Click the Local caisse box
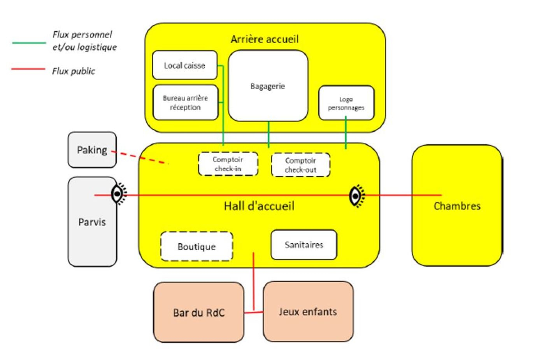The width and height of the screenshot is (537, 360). tap(184, 65)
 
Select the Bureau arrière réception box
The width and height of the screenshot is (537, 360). tap(185, 102)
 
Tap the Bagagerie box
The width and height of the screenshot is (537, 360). tap(268, 86)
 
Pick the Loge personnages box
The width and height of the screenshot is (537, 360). tap(346, 103)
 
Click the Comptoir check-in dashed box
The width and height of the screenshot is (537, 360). tap(228, 164)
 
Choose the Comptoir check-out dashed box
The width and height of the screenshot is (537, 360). tap(300, 165)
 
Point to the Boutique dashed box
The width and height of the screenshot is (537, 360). tap(197, 246)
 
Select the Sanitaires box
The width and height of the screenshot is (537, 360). tap(304, 245)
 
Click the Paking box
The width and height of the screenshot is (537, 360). tap(92, 150)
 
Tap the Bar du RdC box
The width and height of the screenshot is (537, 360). tap(198, 312)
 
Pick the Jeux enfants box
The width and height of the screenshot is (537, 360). tap(308, 311)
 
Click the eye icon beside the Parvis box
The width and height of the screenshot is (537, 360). tap(118, 193)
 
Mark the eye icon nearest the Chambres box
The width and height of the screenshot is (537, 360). tap(356, 196)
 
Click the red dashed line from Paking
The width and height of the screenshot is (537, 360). tap(140, 157)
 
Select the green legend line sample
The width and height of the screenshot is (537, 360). tap(29, 42)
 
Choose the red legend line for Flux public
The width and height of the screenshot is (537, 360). tap(28, 69)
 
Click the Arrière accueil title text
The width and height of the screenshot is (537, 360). tap(265, 39)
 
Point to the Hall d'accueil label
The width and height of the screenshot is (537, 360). tap(259, 206)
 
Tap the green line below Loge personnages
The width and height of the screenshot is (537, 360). tap(346, 132)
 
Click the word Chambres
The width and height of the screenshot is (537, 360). tap(457, 206)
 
